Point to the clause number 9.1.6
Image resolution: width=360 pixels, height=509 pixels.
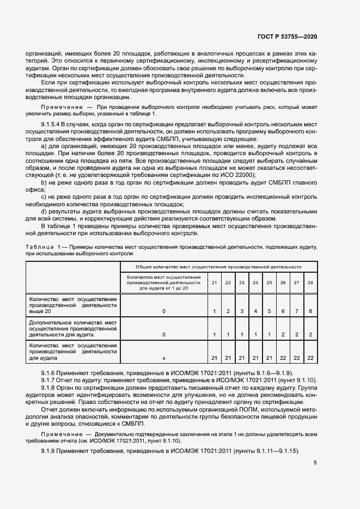click(x=50, y=372)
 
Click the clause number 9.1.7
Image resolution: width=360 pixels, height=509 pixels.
click(x=50, y=379)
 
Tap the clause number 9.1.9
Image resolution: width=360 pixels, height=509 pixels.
click(x=50, y=451)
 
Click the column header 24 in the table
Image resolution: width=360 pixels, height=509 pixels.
click(x=255, y=283)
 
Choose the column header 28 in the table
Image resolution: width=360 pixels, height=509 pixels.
click(x=310, y=283)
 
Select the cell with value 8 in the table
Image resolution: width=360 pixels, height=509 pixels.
click(x=310, y=310)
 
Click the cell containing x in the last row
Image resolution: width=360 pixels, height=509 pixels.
click(x=163, y=357)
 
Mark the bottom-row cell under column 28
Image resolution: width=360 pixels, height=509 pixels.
click(x=310, y=357)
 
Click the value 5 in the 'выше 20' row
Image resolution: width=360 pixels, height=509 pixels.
click(x=269, y=310)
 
